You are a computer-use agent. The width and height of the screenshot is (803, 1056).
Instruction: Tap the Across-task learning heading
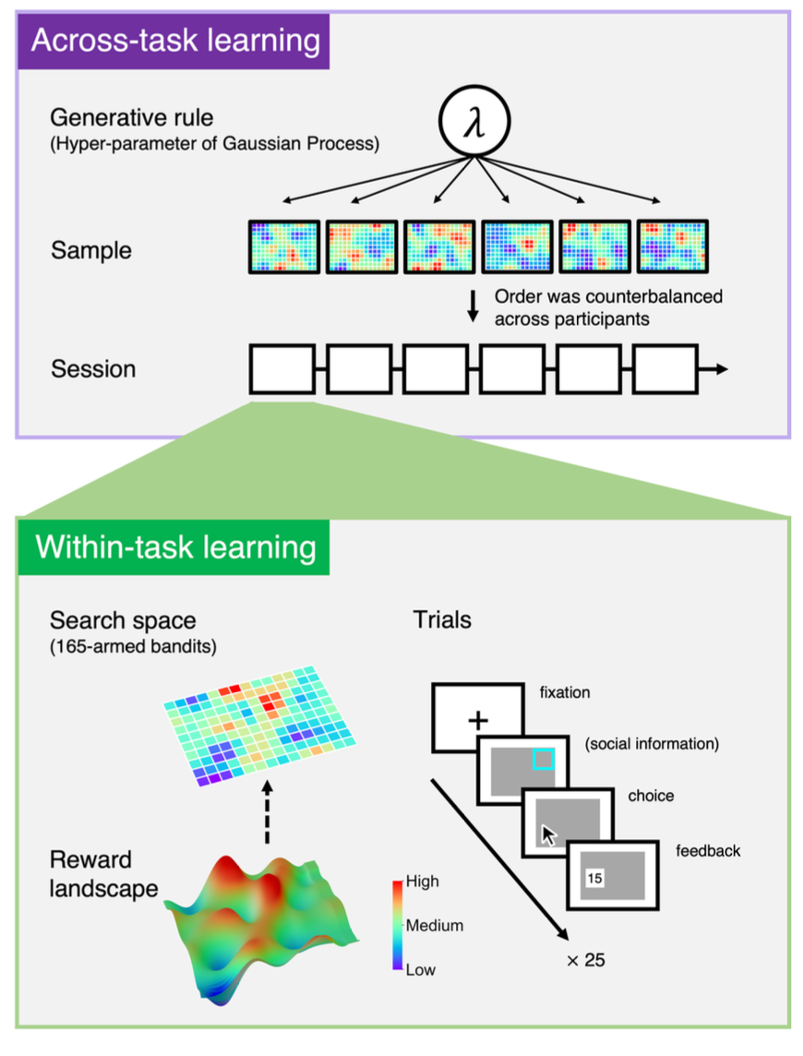tap(175, 42)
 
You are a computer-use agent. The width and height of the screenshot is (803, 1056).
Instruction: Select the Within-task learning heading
tap(175, 546)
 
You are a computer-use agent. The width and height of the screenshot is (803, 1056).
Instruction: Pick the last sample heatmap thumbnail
tap(673, 246)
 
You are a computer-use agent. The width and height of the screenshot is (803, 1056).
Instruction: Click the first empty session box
tap(282, 369)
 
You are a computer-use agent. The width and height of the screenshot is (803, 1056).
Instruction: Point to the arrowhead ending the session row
tap(721, 369)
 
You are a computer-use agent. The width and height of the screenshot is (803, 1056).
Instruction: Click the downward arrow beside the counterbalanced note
tap(473, 306)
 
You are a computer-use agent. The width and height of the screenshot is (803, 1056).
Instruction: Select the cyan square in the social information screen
tap(544, 759)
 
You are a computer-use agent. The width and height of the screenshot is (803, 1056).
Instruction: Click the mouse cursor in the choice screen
tap(549, 835)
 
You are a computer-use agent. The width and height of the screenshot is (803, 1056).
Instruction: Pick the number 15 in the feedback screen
tap(594, 879)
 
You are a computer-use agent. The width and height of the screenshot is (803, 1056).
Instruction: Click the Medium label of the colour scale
tap(435, 925)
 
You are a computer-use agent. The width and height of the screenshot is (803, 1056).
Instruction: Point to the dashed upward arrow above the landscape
tap(267, 813)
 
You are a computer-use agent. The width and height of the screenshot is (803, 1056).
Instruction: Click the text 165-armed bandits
tap(133, 646)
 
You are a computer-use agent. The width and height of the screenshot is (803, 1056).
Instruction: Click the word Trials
tap(441, 618)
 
